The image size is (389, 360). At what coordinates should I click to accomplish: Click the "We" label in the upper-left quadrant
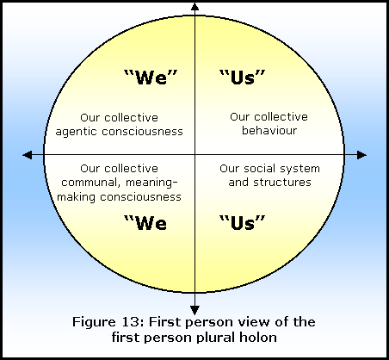[151, 78]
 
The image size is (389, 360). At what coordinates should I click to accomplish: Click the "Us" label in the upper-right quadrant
[243, 78]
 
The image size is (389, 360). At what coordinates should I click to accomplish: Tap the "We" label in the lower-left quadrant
[145, 223]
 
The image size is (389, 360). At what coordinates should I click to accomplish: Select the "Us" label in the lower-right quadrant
[243, 223]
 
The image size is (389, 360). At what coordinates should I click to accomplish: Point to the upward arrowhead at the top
[195, 6]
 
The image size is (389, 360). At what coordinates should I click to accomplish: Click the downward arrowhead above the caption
[195, 311]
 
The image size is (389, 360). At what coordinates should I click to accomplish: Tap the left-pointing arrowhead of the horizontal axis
[28, 155]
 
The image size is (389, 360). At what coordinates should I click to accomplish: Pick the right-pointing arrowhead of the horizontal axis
[362, 155]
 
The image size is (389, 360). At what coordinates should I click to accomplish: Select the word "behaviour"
[269, 130]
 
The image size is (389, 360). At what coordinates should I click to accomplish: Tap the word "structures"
[282, 183]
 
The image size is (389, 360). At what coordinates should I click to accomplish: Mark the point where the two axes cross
[195, 155]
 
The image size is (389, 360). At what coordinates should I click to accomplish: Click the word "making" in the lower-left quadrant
[76, 197]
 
